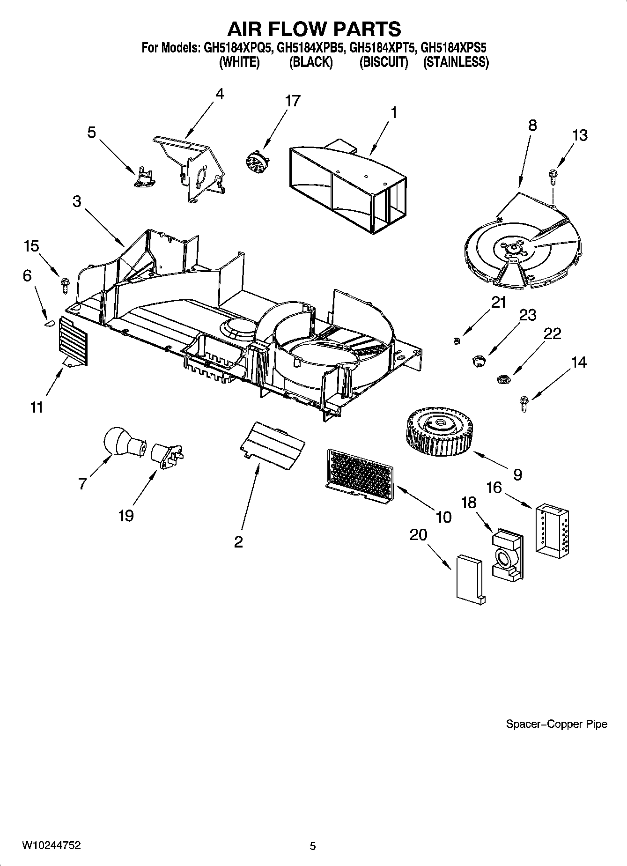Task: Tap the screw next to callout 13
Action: (553, 178)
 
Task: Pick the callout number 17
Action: (293, 101)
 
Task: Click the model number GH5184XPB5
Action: (311, 48)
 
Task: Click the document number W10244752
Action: (51, 845)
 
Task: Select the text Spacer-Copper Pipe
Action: (556, 724)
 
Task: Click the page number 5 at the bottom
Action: (313, 846)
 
